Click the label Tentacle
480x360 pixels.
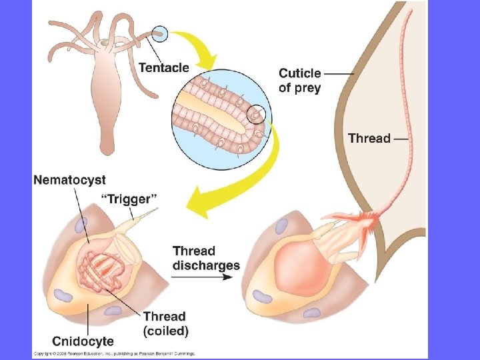163,67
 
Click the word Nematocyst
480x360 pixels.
69,179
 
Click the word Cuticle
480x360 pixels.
299,73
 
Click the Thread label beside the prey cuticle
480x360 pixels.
369,138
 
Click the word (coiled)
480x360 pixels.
166,331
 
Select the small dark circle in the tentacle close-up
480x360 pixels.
256,116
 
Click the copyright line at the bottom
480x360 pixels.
113,353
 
